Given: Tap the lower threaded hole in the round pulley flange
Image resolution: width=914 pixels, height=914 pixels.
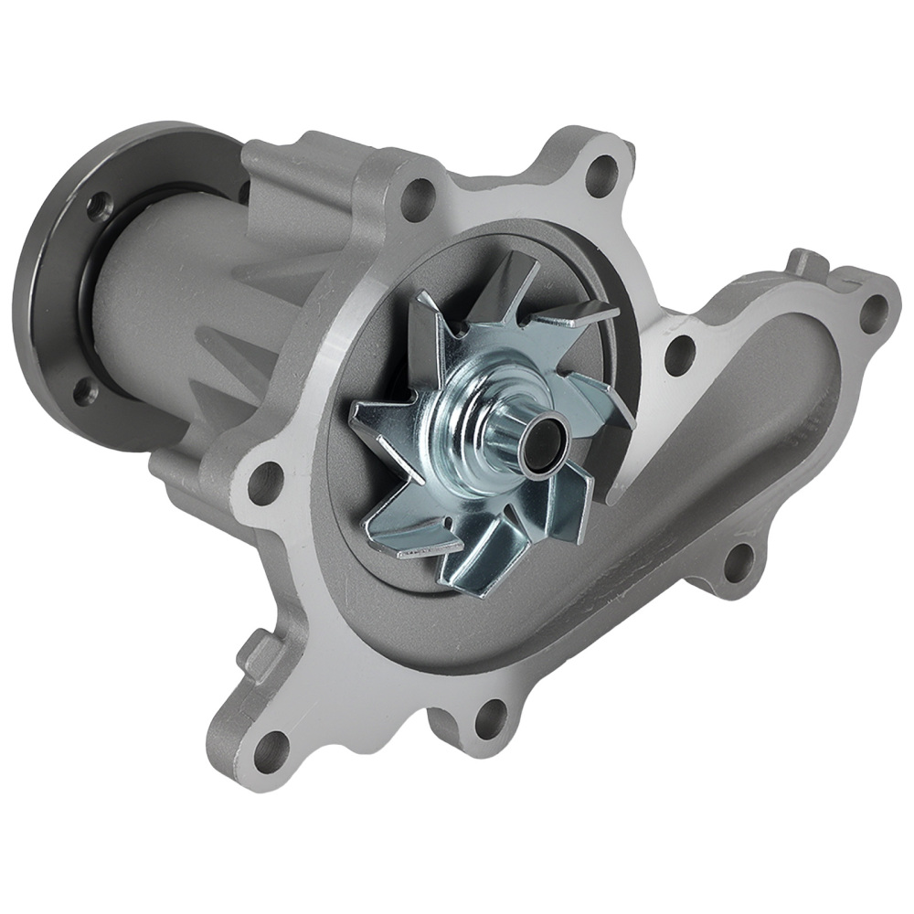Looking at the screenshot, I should click(84, 390).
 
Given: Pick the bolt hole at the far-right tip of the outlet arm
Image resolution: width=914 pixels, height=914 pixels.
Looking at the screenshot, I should click(873, 312).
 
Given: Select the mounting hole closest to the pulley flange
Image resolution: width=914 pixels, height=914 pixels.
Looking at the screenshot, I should click(416, 196).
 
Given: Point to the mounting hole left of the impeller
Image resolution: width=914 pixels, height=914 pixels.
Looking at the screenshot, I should click(265, 481).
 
